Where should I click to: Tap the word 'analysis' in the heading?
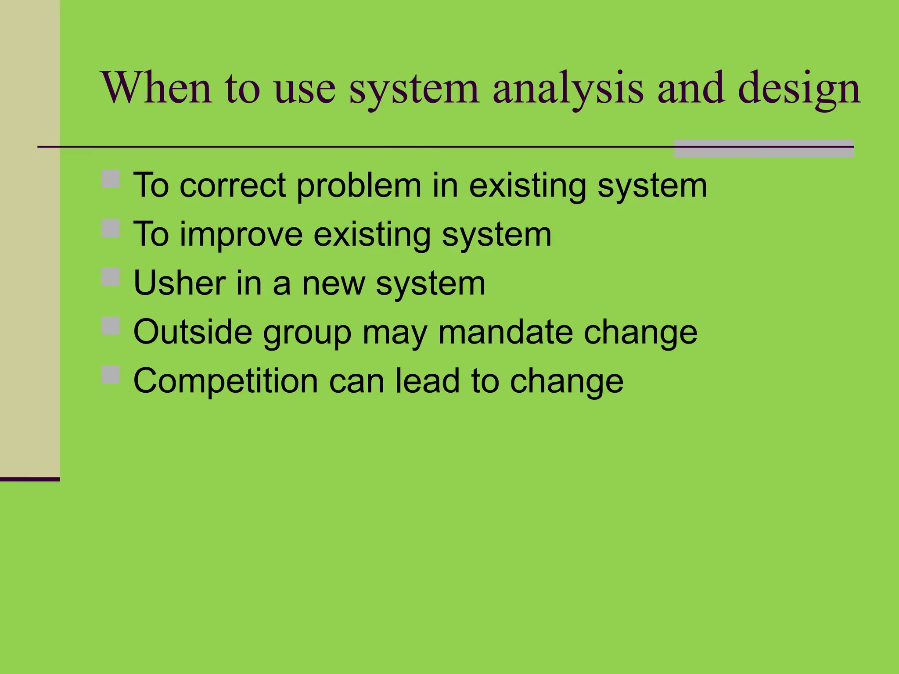(x=568, y=90)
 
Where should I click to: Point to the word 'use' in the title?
(x=305, y=90)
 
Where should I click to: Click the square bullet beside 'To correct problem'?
(x=111, y=179)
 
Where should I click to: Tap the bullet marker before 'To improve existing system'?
(x=111, y=228)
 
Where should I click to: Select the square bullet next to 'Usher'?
(x=111, y=277)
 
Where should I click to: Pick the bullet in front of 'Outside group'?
(x=111, y=326)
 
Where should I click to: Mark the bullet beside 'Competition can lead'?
(x=111, y=375)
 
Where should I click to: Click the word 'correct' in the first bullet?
(x=233, y=186)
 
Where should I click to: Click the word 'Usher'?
(x=179, y=283)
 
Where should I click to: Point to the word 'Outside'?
(x=193, y=332)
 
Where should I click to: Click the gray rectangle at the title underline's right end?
(x=764, y=148)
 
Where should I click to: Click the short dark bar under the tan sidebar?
(x=29, y=479)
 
